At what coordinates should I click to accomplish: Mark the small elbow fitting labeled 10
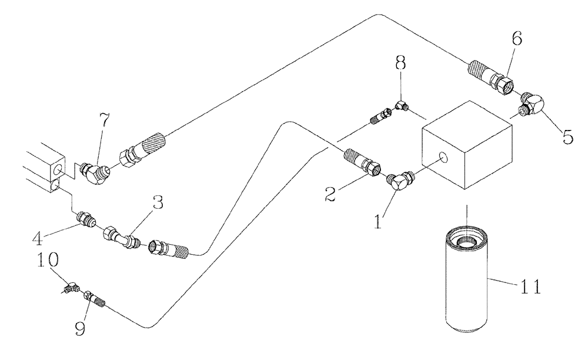click(x=72, y=287)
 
